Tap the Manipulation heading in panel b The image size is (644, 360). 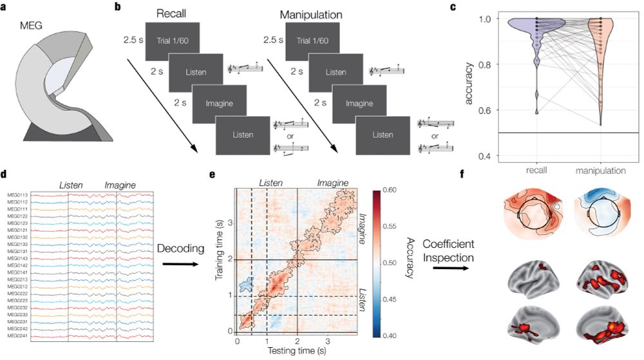(311, 14)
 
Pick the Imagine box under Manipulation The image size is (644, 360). (359, 104)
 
